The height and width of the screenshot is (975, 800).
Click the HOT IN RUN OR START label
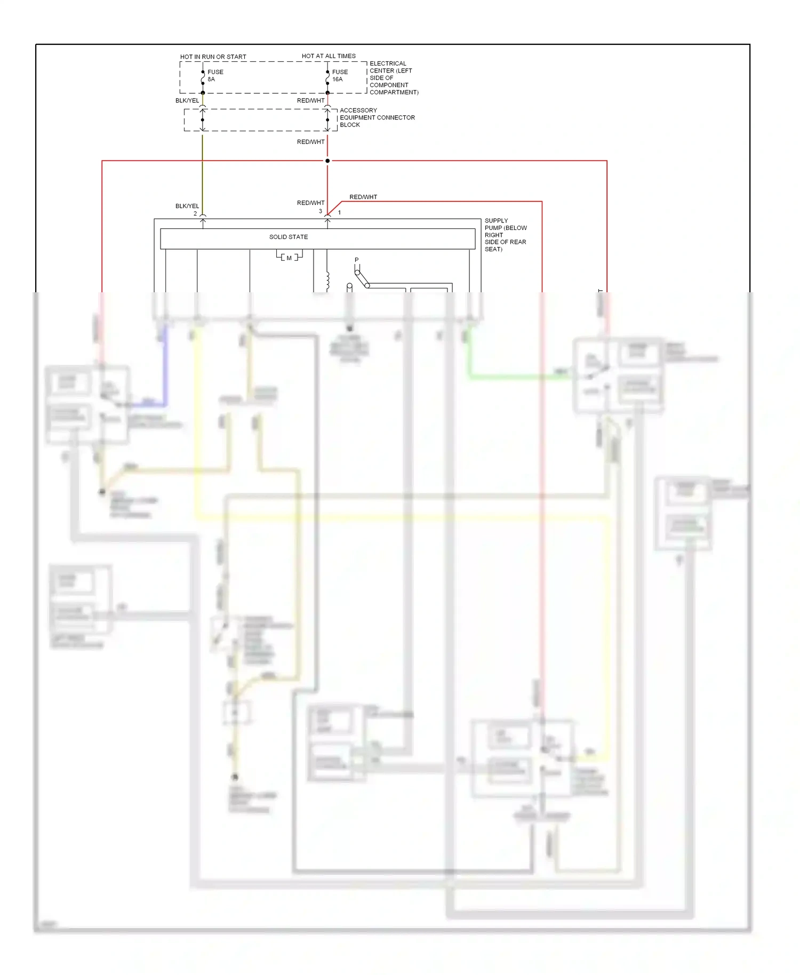(213, 57)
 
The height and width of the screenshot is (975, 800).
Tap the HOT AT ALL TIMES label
(329, 56)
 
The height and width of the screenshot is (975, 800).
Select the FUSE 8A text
(215, 76)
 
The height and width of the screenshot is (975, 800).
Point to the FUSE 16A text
(340, 76)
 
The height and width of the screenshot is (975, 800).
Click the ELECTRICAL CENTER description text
(394, 78)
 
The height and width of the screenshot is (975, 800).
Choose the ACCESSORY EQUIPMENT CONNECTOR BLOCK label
(377, 117)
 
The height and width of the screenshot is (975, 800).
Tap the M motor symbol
(289, 258)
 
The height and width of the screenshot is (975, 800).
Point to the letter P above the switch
(357, 260)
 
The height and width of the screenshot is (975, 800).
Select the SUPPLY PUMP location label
(505, 235)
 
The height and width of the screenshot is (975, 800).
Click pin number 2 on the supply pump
(195, 213)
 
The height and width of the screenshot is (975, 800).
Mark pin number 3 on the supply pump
(321, 211)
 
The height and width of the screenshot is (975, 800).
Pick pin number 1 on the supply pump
(339, 212)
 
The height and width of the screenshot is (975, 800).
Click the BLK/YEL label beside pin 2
(187, 206)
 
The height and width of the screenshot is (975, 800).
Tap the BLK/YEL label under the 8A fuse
(187, 100)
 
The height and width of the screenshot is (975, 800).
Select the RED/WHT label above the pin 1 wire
(363, 197)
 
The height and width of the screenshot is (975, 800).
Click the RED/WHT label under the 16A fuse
(310, 100)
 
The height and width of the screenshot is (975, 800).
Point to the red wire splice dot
(327, 161)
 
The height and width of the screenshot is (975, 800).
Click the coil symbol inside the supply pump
(327, 281)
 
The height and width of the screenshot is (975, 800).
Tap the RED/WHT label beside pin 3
(310, 203)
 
